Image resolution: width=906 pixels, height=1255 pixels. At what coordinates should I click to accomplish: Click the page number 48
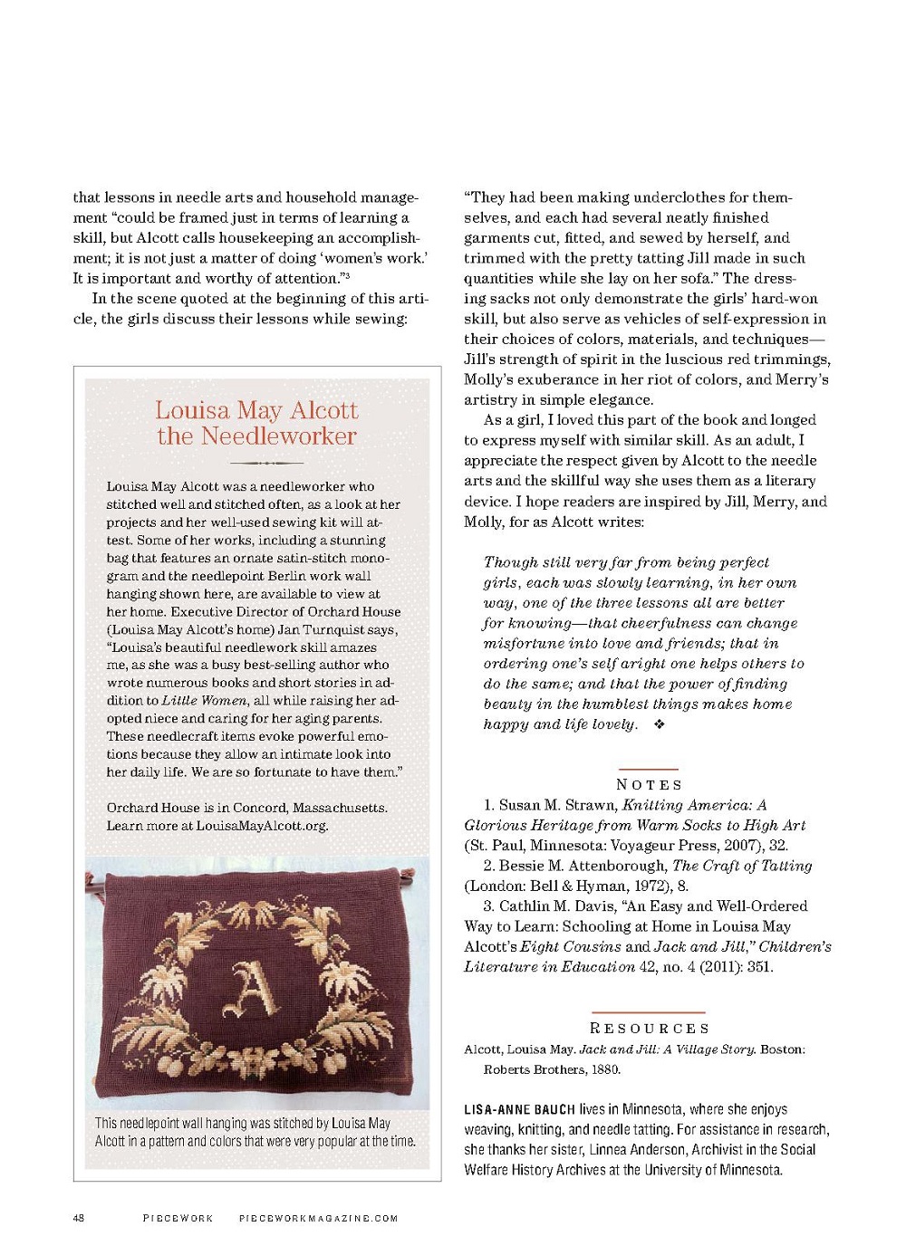pyautogui.click(x=79, y=1218)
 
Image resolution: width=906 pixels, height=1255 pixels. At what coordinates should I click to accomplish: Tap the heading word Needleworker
pyautogui.click(x=279, y=436)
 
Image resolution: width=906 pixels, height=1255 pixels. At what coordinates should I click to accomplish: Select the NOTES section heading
pyautogui.click(x=649, y=784)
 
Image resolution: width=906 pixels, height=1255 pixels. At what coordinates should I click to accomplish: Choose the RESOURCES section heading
pyautogui.click(x=649, y=1029)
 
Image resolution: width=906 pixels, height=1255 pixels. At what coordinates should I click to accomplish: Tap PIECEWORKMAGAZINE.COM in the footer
pyautogui.click(x=318, y=1218)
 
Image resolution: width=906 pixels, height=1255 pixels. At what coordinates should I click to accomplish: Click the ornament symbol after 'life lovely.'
pyautogui.click(x=659, y=724)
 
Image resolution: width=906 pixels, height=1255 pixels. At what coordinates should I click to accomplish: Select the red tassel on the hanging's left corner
pyautogui.click(x=90, y=878)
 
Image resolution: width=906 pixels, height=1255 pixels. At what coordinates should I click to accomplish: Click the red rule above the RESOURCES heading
pyautogui.click(x=648, y=1011)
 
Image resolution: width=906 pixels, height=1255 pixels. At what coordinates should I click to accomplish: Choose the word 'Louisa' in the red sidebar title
pyautogui.click(x=191, y=410)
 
